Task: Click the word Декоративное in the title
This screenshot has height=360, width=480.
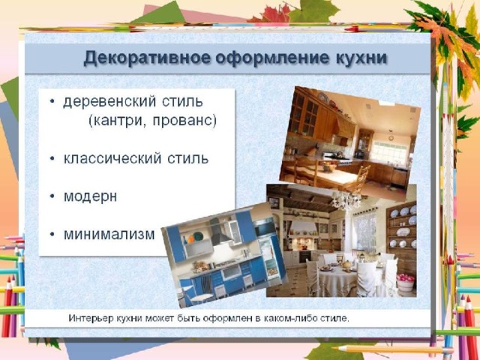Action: tap(147, 58)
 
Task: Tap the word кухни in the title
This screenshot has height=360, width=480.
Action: tap(361, 58)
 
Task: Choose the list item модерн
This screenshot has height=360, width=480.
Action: tap(90, 196)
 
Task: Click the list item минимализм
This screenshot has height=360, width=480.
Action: tap(109, 235)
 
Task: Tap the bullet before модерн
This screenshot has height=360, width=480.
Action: tap(52, 196)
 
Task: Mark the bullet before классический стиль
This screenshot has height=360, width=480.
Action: tap(52, 158)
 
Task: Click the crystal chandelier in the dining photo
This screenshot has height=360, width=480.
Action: tap(346, 199)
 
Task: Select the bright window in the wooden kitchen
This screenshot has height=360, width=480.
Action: tap(388, 151)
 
